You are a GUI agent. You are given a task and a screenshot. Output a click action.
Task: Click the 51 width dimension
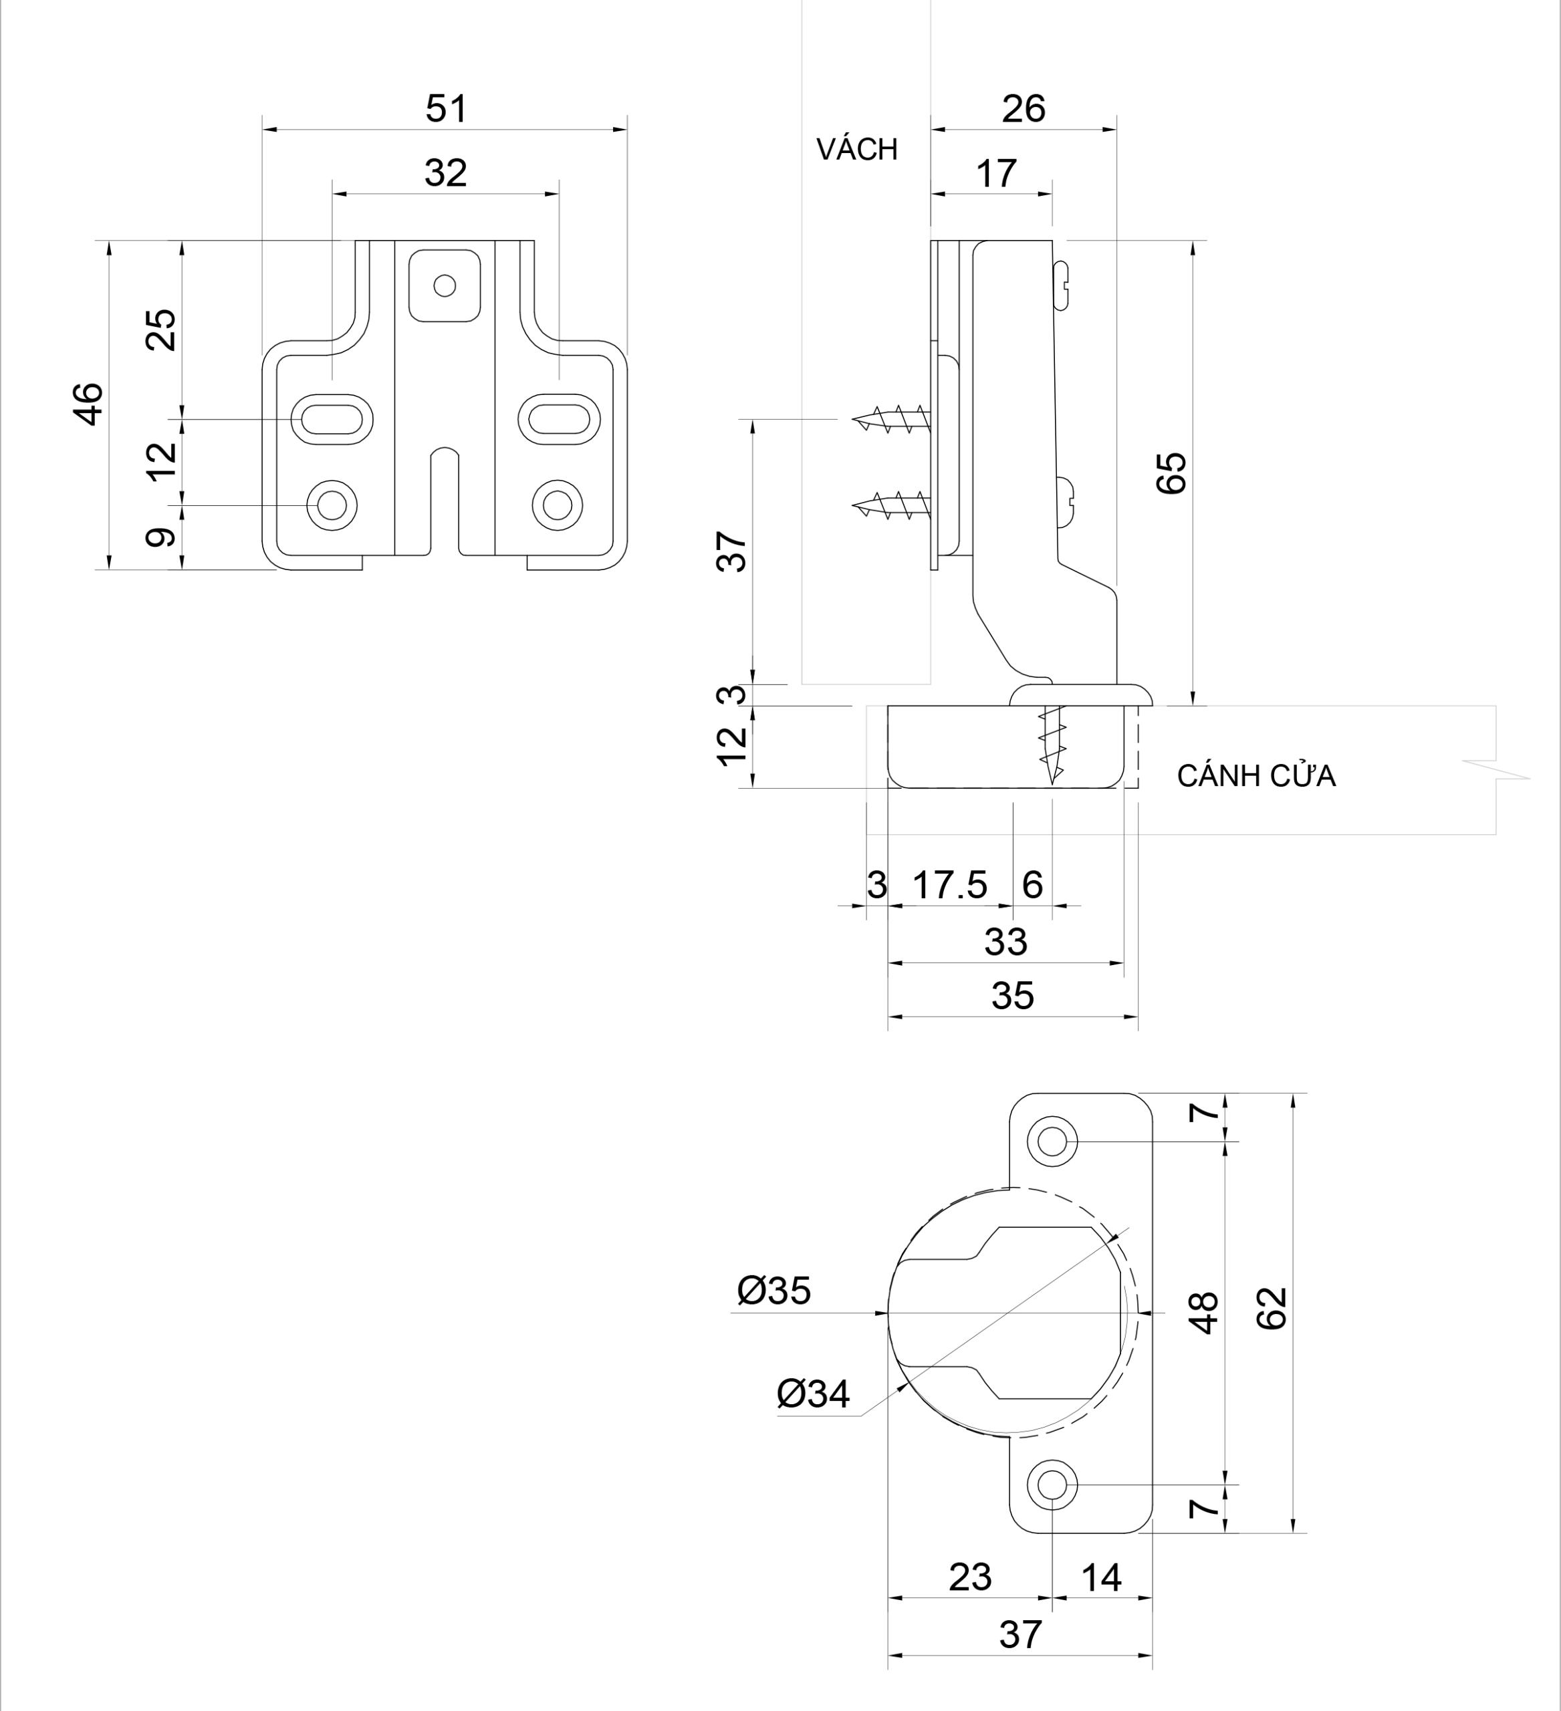tap(446, 110)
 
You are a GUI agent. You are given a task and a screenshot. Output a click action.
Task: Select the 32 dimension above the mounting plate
tap(446, 174)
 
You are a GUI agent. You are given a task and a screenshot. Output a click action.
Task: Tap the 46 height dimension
tap(89, 404)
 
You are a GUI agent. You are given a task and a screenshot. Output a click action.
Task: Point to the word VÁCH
tap(856, 149)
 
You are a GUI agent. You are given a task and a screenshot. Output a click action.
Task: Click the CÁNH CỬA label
tap(1255, 777)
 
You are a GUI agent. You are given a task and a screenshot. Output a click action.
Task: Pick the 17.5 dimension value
tap(950, 885)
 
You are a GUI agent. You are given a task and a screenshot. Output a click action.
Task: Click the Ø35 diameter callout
tap(774, 1291)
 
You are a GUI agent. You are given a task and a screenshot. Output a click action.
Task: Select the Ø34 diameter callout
tap(812, 1394)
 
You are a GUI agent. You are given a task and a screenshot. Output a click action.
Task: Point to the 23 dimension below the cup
tap(969, 1577)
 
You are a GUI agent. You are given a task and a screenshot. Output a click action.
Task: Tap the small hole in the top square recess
tap(444, 285)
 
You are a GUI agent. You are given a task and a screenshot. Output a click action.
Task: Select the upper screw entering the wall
tap(891, 419)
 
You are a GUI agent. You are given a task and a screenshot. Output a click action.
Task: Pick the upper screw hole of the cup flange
tap(1052, 1142)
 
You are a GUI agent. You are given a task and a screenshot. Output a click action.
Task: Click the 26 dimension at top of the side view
tap(1023, 110)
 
